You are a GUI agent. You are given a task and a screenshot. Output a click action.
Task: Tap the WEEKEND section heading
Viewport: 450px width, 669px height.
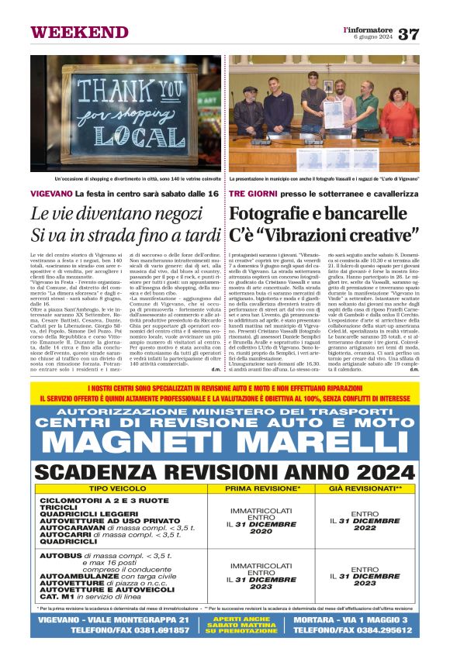click(x=69, y=32)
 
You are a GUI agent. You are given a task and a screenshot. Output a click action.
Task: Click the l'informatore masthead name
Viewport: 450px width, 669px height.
click(x=369, y=29)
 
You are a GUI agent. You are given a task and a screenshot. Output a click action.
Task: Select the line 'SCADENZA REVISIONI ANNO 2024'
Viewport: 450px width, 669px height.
click(x=225, y=473)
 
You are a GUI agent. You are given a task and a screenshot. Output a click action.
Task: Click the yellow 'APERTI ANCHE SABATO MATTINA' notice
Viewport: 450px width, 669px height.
click(x=224, y=625)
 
